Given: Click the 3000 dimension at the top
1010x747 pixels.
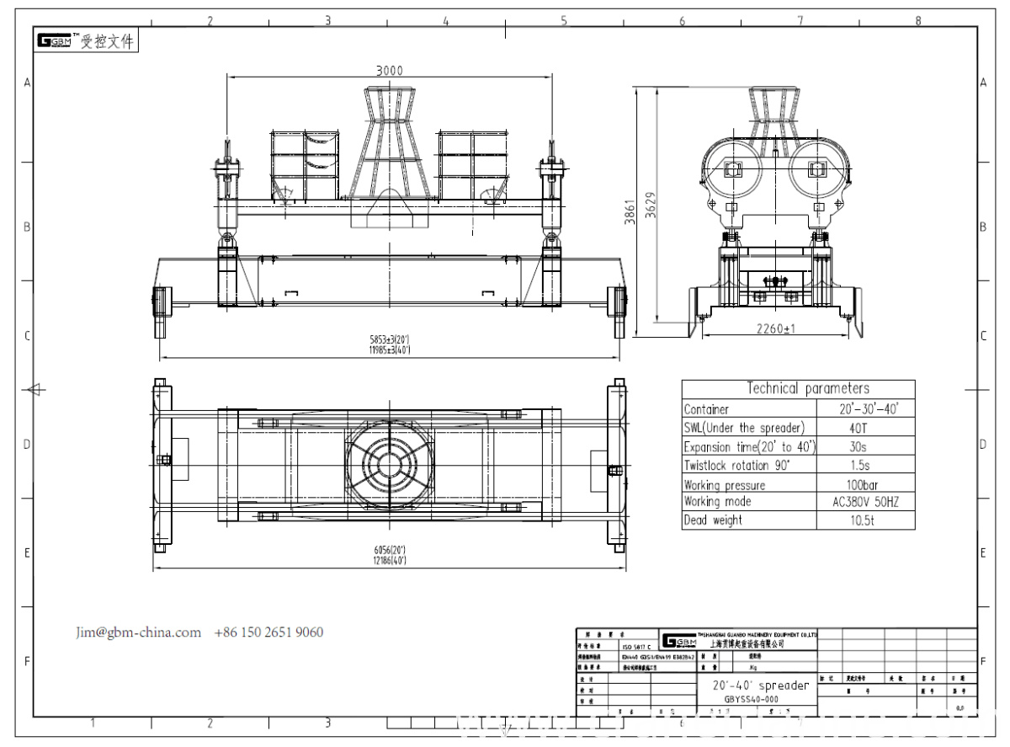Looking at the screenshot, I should point(388,71).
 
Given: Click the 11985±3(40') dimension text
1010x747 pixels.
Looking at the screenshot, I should point(388,349).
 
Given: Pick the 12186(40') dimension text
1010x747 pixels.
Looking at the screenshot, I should point(389,559).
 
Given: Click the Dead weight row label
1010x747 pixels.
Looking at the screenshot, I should point(713,520).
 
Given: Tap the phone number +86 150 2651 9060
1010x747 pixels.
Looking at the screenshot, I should point(268,632).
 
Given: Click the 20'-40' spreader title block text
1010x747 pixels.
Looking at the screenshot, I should point(761,686).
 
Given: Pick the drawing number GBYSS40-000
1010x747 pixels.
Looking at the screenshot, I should point(752,698).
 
